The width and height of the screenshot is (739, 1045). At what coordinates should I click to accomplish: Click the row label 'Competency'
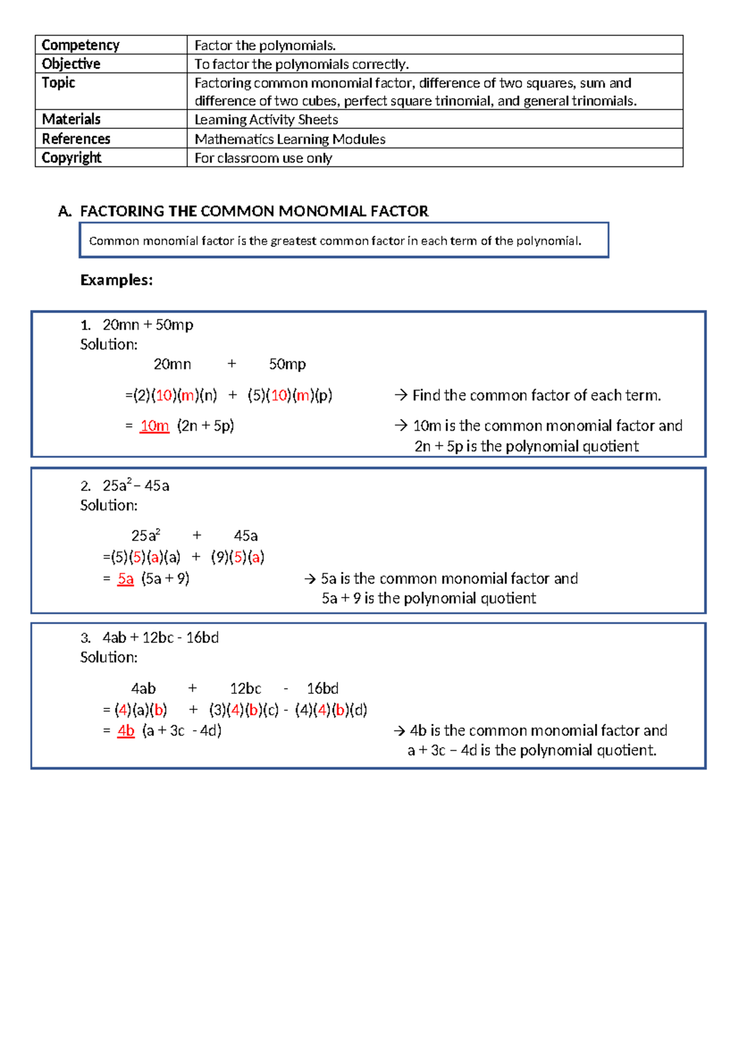tap(80, 45)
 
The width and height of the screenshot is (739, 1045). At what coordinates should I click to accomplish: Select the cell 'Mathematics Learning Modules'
tap(289, 139)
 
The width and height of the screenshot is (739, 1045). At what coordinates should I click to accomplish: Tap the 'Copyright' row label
tap(71, 158)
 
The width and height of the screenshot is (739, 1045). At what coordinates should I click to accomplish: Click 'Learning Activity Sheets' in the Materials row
tap(266, 120)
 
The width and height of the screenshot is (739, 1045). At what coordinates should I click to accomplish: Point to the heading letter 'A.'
tap(65, 211)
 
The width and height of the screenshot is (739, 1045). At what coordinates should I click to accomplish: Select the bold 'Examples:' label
tap(116, 280)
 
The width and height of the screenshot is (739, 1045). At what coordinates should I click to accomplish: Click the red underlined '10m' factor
tap(154, 426)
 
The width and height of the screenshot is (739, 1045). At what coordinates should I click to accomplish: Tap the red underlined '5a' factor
tap(126, 579)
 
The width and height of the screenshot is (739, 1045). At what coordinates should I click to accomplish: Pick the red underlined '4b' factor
tap(126, 731)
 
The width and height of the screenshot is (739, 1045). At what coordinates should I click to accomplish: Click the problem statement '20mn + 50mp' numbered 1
tap(148, 325)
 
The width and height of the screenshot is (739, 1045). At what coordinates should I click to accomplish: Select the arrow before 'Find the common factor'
tap(401, 395)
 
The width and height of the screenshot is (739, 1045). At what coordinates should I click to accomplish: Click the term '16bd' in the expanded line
tap(323, 688)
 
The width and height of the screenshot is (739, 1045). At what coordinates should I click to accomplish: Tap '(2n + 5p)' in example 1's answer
tap(205, 426)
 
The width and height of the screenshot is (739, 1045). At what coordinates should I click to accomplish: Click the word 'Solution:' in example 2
tap(109, 505)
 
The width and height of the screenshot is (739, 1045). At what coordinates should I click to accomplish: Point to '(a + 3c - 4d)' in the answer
tap(182, 731)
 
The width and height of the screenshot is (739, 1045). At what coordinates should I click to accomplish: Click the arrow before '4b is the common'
tap(399, 731)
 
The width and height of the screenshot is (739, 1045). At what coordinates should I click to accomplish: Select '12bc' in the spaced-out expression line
tap(245, 688)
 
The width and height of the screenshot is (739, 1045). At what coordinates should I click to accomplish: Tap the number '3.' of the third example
tap(86, 638)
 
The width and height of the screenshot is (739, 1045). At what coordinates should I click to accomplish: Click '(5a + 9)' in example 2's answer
tap(165, 579)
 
